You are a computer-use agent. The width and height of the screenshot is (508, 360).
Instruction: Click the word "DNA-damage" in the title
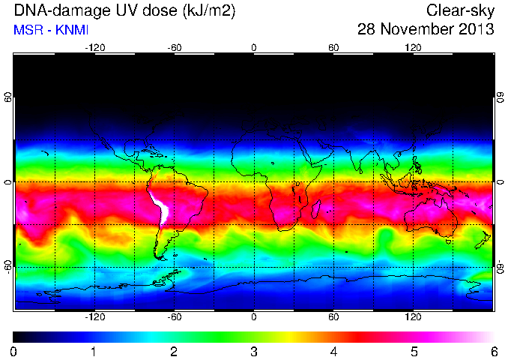click(58, 10)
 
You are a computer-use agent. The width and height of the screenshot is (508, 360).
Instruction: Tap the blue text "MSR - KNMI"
click(51, 30)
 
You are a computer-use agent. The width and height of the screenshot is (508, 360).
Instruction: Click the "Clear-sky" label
click(460, 10)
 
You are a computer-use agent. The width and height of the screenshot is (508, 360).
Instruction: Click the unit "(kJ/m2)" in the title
click(209, 11)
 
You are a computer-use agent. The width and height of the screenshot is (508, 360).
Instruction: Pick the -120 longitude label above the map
click(95, 48)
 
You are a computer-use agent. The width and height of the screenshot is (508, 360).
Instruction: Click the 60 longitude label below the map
click(333, 316)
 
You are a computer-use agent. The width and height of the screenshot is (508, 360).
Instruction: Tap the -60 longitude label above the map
click(175, 48)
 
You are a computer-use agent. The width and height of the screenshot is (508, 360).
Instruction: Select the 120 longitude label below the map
click(413, 316)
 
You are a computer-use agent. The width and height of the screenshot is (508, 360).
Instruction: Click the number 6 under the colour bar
click(494, 352)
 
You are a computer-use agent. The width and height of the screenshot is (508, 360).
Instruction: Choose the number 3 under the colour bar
click(254, 352)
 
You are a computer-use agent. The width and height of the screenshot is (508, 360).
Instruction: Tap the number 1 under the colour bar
click(94, 352)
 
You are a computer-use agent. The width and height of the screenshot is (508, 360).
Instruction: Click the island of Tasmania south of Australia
click(448, 241)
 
